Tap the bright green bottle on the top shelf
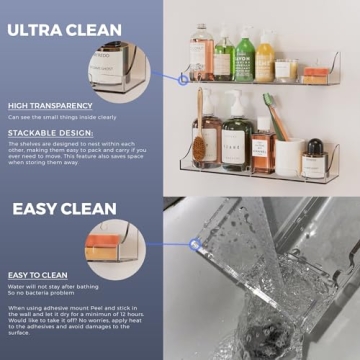tap(245, 57)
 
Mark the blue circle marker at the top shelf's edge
tap(182, 76)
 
